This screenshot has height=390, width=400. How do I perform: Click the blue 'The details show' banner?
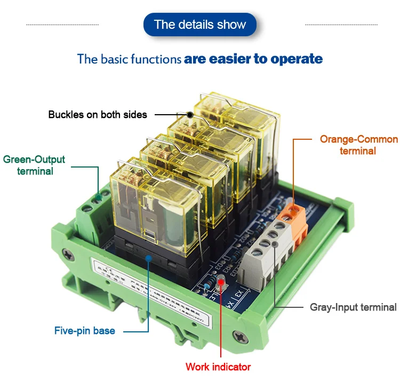tap(200, 25)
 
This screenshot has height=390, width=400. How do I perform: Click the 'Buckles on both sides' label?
tap(98, 115)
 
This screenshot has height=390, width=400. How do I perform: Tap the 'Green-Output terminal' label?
tap(35, 165)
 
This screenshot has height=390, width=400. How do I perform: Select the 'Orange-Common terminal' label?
tap(358, 145)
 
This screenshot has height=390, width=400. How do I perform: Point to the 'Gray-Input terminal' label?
tap(353, 307)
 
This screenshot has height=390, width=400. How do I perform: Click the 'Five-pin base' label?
tap(84, 331)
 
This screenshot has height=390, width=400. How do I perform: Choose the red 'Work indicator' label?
tap(218, 367)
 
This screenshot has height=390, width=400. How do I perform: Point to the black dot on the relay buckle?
tap(189, 114)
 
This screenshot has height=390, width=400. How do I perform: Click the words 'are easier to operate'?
tap(253, 59)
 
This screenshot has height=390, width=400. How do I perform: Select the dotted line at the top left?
tap(62, 25)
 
